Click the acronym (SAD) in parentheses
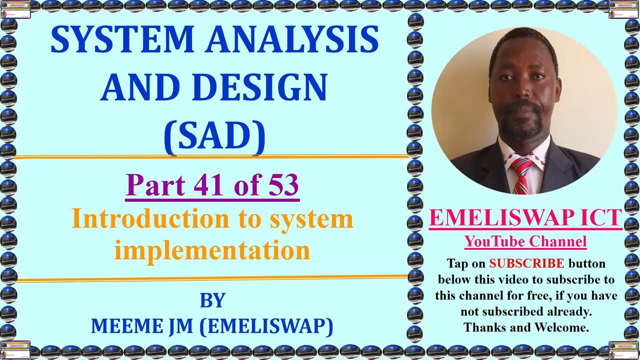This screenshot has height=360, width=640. pyautogui.click(x=214, y=135)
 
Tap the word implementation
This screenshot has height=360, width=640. pyautogui.click(x=212, y=249)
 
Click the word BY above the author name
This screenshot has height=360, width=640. pyautogui.click(x=212, y=300)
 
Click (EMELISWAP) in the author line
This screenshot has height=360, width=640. pyautogui.click(x=266, y=326)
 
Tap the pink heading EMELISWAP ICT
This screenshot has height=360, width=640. pyautogui.click(x=525, y=218)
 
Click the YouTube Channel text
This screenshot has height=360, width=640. pyautogui.click(x=525, y=242)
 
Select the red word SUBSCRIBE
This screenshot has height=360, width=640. pyautogui.click(x=526, y=263)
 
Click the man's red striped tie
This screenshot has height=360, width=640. pyautogui.click(x=521, y=175)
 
